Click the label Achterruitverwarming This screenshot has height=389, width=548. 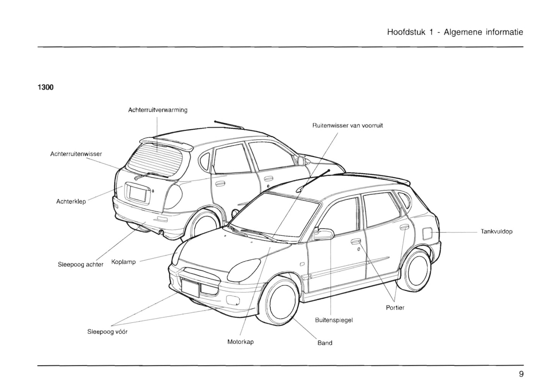coord(158,110)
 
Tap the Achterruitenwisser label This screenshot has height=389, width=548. coord(76,154)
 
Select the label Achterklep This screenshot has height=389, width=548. coord(71,201)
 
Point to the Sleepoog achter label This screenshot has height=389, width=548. coord(80,265)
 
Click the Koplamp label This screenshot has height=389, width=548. coord(124,262)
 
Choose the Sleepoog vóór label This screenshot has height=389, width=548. coord(107,332)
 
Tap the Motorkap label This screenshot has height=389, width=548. coord(240,342)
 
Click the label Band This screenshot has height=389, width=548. coord(325,343)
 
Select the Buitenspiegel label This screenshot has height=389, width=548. coord(334,320)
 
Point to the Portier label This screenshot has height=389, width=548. coord(395,308)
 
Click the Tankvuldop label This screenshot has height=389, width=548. coord(496,231)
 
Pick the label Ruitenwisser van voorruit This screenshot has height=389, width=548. coord(347,125)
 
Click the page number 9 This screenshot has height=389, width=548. coord(521,374)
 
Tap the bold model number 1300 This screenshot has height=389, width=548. coord(46,88)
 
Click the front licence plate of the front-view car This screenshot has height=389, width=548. coord(190,287)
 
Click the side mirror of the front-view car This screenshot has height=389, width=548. coord(323,234)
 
